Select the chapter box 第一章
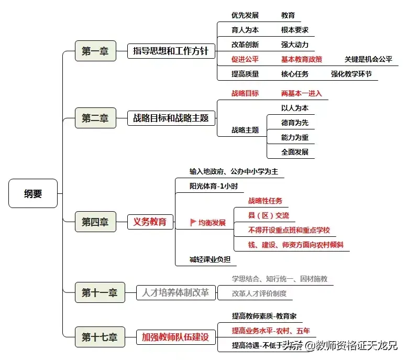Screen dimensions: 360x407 point(95,51)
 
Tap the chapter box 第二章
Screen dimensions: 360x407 point(95,118)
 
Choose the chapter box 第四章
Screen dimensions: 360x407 point(95,222)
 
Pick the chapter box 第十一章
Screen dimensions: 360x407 point(99,292)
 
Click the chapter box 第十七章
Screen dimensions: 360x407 point(99,336)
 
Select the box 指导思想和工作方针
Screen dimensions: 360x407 point(171,51)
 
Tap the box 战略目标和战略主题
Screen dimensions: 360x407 point(171,118)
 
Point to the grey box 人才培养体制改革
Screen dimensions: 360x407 point(175,292)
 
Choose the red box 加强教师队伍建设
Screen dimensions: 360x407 point(175,336)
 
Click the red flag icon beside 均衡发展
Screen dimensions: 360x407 point(193,223)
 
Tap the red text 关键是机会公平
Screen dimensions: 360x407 point(368,60)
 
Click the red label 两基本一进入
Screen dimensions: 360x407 point(301,94)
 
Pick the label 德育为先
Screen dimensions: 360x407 point(295,123)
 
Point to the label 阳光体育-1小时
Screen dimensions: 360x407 point(210,186)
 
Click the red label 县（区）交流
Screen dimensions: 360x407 point(268,215)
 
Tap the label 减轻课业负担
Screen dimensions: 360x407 point(210,259)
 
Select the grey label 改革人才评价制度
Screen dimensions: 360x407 point(259,293)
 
